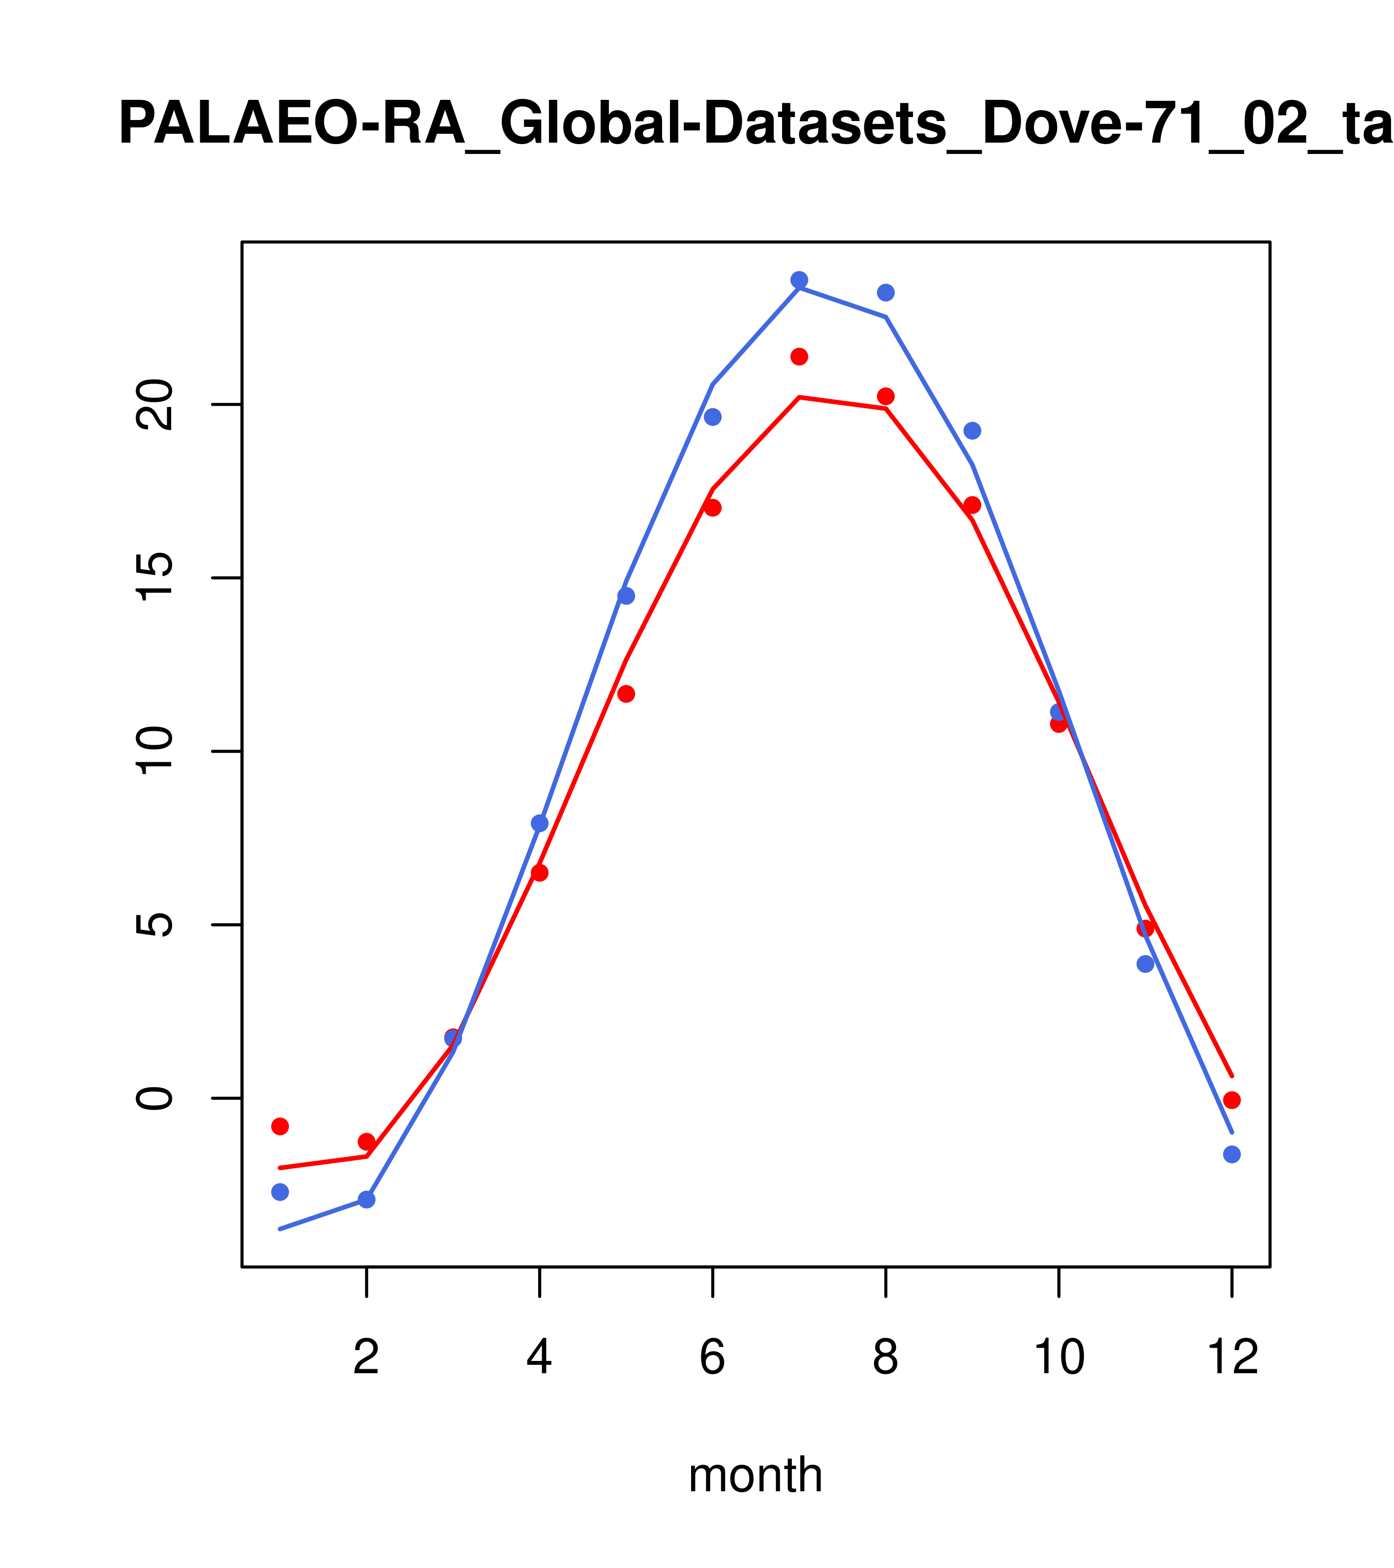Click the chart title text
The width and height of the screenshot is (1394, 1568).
[755, 125]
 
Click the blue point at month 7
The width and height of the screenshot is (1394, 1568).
[799, 280]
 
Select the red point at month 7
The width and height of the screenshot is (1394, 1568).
[799, 357]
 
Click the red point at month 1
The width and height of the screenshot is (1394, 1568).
[280, 1126]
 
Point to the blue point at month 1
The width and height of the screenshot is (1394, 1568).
[280, 1192]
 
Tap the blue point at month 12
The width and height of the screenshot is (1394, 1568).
[1232, 1154]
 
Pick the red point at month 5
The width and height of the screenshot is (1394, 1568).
[626, 694]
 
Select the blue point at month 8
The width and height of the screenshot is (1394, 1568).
[885, 293]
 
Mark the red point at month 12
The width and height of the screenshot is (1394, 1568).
[1232, 1100]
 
